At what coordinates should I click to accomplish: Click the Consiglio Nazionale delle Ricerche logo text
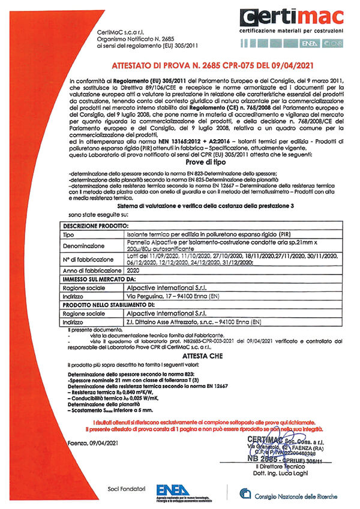click(288, 495)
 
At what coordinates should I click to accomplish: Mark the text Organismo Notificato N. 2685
click(128, 40)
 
